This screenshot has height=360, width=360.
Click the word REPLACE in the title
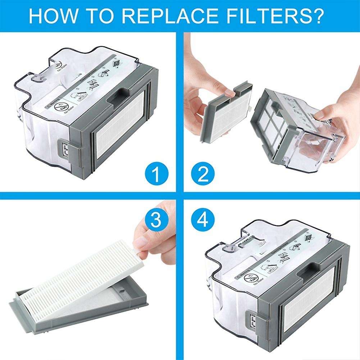coord(162,15)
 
